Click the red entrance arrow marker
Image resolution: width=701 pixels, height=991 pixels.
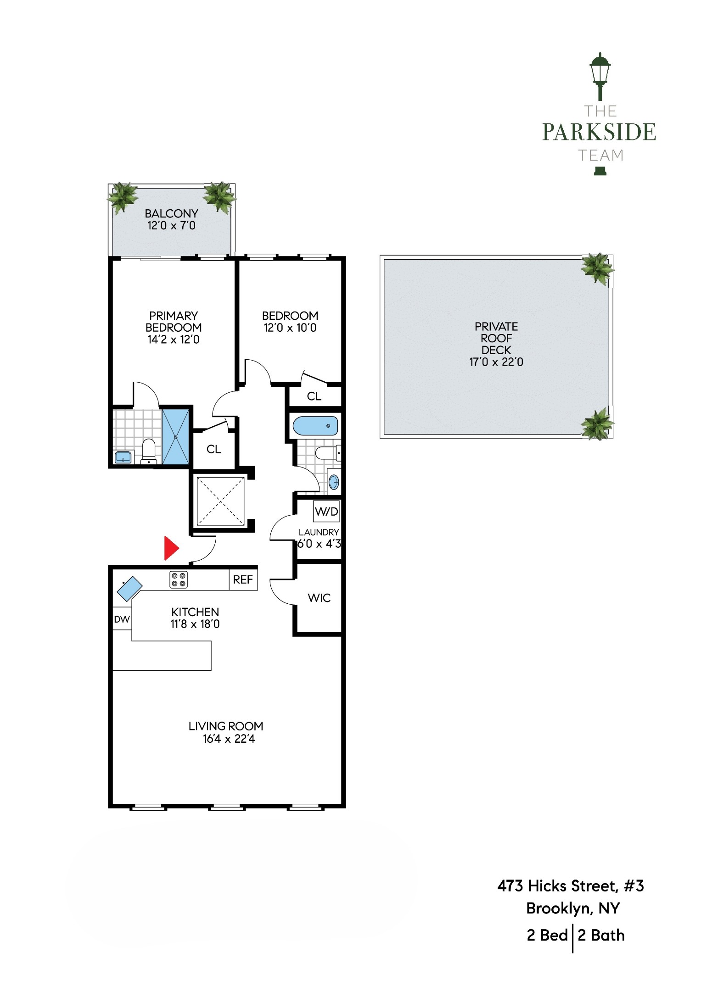(x=171, y=547)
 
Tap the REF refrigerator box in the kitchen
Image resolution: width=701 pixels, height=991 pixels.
(x=243, y=579)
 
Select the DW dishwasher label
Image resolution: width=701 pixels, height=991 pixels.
(x=122, y=619)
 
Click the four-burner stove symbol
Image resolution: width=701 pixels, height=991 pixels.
(x=179, y=579)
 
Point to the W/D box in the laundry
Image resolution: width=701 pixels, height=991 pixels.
(x=326, y=511)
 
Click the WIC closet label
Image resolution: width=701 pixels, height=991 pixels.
(x=319, y=598)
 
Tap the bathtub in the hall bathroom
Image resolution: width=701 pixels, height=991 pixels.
(x=315, y=426)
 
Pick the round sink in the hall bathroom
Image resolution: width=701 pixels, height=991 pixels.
(x=334, y=482)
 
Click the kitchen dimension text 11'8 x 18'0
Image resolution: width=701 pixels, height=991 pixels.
(x=195, y=624)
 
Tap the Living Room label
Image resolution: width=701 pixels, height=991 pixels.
(x=225, y=726)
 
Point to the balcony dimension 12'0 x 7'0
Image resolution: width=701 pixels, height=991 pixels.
(x=171, y=226)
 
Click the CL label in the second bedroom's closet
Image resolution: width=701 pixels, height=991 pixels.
(x=314, y=396)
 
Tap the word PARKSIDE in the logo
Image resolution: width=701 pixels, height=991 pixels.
(x=599, y=132)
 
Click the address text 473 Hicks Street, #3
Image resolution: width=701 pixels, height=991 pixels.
(x=571, y=885)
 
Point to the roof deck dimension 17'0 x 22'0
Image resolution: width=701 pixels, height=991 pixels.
(x=496, y=362)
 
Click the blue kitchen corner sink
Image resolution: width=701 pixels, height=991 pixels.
(x=129, y=588)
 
